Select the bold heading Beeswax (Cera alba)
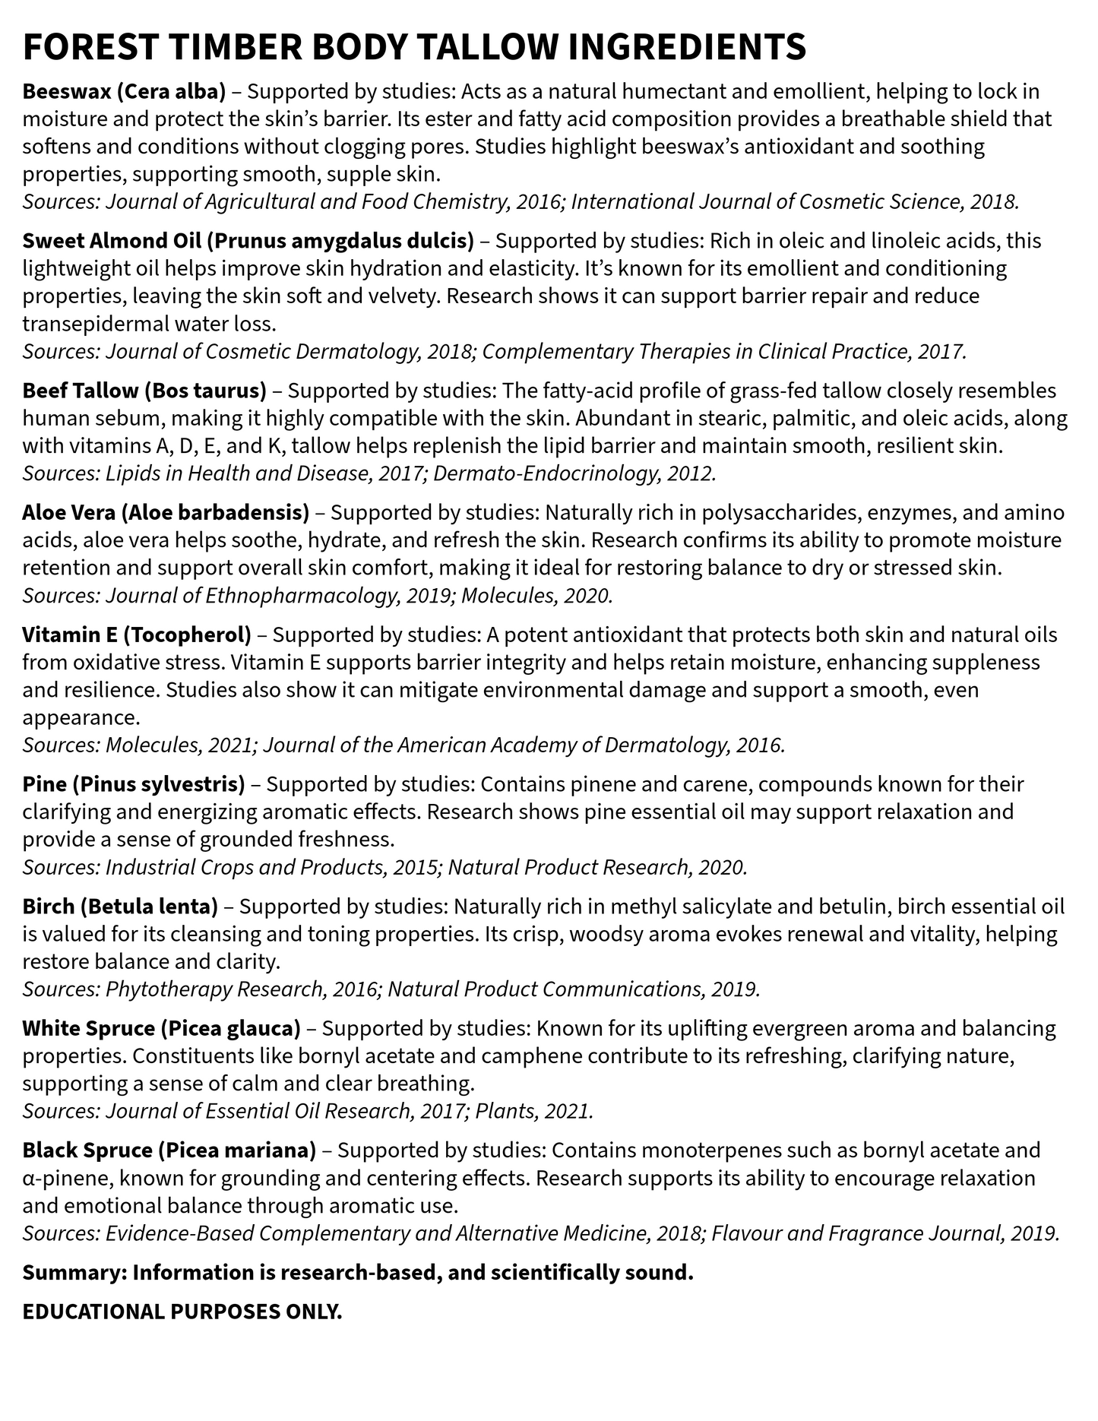(x=124, y=92)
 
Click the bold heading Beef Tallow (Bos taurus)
(x=144, y=391)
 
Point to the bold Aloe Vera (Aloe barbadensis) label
(x=166, y=513)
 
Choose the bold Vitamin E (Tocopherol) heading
(x=137, y=635)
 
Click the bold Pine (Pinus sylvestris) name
(x=134, y=784)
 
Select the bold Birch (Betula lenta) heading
(x=120, y=907)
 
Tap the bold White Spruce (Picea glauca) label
(x=162, y=1029)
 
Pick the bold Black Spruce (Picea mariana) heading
(x=169, y=1150)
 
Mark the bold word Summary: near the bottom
(x=74, y=1273)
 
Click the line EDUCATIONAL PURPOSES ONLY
(x=182, y=1312)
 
